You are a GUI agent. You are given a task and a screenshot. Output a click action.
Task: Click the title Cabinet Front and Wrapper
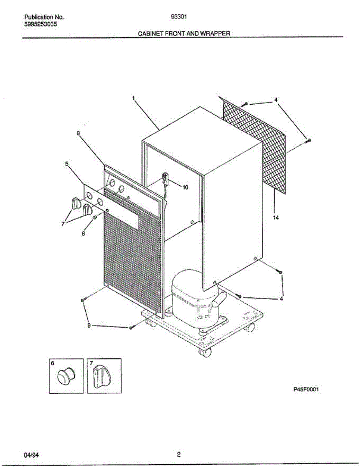(x=184, y=33)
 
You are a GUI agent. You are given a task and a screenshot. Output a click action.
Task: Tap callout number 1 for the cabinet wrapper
(x=133, y=98)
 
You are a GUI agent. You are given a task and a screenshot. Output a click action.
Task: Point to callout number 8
(x=78, y=133)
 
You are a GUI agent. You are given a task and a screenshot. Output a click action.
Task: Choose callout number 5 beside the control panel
(x=67, y=164)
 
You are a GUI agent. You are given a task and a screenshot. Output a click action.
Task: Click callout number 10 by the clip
(x=185, y=187)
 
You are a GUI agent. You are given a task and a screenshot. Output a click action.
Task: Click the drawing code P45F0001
(x=306, y=389)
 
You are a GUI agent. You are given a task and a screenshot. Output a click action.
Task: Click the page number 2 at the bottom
(x=179, y=454)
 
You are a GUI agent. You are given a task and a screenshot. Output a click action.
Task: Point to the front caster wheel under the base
(x=205, y=353)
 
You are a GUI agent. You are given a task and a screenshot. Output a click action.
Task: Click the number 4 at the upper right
(x=276, y=100)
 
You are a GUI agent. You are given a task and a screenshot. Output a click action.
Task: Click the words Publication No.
(x=44, y=17)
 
